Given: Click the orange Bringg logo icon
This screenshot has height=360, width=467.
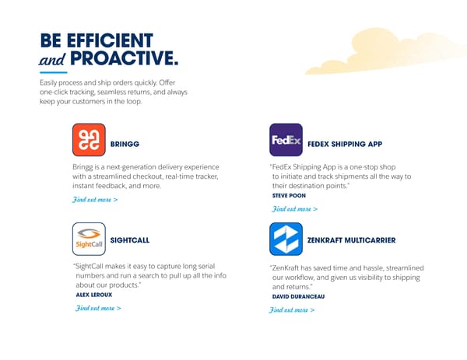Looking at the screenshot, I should tap(89, 140).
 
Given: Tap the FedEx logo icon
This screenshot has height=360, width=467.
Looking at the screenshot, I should tap(286, 140).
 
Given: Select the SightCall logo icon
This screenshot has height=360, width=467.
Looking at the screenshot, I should tap(89, 239).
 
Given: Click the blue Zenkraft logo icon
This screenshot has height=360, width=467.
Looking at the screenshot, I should tap(286, 239).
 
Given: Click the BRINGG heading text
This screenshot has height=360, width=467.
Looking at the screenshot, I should tap(125, 144).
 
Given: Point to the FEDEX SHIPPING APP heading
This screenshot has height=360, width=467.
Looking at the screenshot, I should tap(345, 144).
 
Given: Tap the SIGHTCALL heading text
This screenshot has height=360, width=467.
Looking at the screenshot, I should tap(131, 240).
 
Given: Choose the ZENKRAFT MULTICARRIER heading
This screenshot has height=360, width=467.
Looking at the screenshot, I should tap(352, 240).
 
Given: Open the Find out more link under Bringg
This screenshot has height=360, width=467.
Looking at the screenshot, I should tap(94, 200).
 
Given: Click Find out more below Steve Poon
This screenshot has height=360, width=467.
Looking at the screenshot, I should tap(294, 208).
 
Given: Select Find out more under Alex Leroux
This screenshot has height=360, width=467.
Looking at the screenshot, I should tap(97, 308).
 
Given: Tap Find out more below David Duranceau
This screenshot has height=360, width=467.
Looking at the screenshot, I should tap(292, 309).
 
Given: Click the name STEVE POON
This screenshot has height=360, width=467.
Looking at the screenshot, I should tap(289, 195).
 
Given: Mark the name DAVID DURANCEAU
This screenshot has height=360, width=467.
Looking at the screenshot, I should tap(298, 296).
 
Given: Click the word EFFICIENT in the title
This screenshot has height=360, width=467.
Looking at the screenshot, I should tap(109, 40).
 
